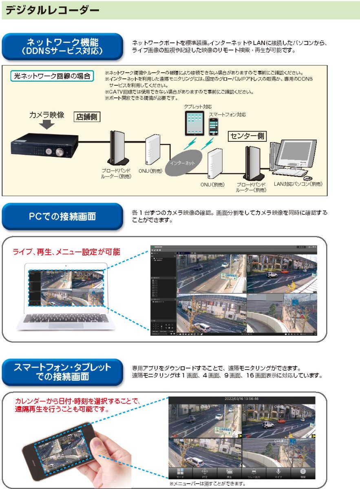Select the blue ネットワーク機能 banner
[x=62, y=47]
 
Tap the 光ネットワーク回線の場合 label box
[x=52, y=76]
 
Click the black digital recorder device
[x=45, y=146]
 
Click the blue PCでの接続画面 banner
[x=62, y=216]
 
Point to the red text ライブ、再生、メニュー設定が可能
[x=66, y=252]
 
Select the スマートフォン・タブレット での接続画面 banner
[x=62, y=372]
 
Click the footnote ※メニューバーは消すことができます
[x=208, y=484]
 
